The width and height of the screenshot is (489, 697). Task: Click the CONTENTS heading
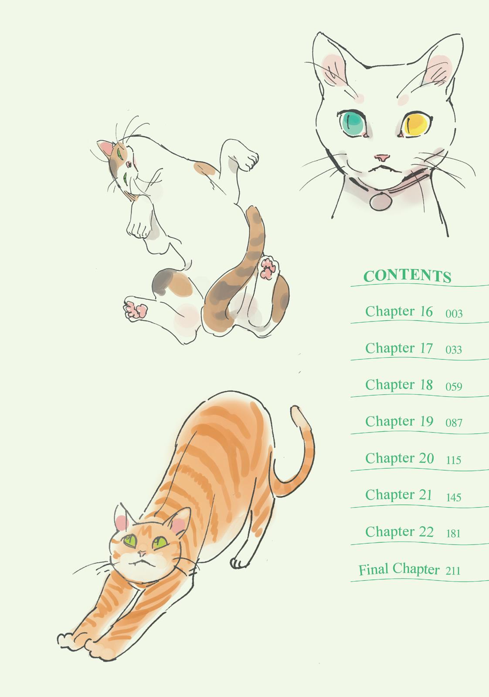click(407, 276)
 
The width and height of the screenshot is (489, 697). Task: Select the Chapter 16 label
click(399, 311)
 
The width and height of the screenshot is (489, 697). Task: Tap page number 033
click(454, 350)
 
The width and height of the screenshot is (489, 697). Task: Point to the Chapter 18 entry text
click(399, 385)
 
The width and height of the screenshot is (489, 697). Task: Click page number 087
click(454, 423)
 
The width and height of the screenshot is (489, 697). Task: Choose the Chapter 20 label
click(400, 458)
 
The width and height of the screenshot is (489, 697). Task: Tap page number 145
click(454, 497)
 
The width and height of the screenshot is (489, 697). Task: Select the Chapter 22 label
click(400, 532)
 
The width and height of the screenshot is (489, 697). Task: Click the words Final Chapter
click(399, 569)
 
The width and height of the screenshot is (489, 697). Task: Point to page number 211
click(453, 570)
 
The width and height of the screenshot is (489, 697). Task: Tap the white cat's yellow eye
click(416, 124)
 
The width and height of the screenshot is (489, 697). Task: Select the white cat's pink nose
click(382, 157)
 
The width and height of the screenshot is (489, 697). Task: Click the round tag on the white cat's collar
click(380, 201)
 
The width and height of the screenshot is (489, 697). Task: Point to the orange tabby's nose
click(142, 553)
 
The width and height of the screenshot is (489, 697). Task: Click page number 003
click(454, 313)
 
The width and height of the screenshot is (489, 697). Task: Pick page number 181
click(453, 534)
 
